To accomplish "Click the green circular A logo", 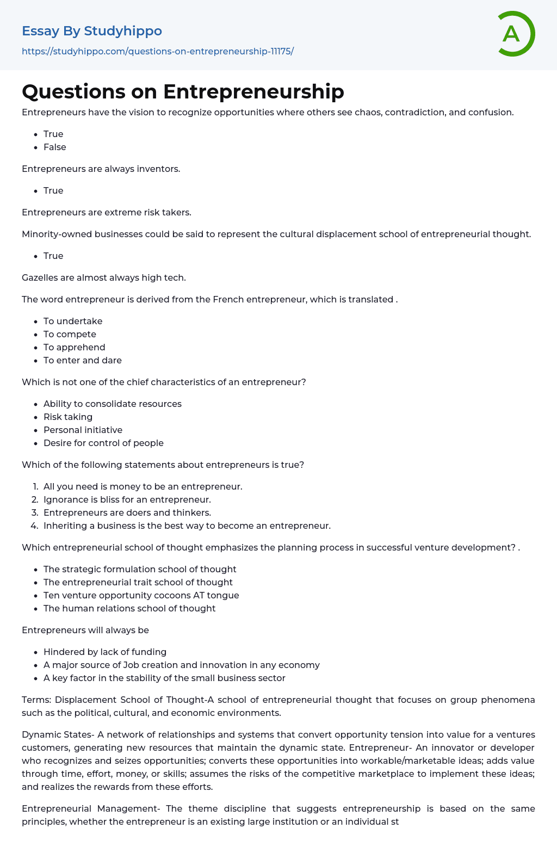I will pyautogui.click(x=516, y=34).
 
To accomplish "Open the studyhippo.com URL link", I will pyautogui.click(x=158, y=51).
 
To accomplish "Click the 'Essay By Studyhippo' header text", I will pyautogui.click(x=92, y=31).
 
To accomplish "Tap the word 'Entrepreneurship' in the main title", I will pyautogui.click(x=253, y=91).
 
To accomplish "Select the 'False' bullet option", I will pyautogui.click(x=55, y=147).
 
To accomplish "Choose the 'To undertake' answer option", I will pyautogui.click(x=73, y=321).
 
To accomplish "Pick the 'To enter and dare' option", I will pyautogui.click(x=83, y=360).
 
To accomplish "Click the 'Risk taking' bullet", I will pyautogui.click(x=68, y=417).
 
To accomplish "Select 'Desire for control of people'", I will pyautogui.click(x=103, y=443).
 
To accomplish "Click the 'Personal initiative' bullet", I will pyautogui.click(x=83, y=430).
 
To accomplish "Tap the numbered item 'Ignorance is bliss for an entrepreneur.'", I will pyautogui.click(x=127, y=499).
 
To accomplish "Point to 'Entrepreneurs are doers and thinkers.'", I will pyautogui.click(x=127, y=512).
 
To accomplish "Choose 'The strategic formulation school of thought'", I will pyautogui.click(x=140, y=569).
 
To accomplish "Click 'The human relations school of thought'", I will pyautogui.click(x=129, y=608).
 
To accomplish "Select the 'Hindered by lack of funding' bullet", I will pyautogui.click(x=105, y=652).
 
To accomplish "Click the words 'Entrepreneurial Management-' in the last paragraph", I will pyautogui.click(x=91, y=808).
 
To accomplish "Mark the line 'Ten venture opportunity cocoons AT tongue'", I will pyautogui.click(x=141, y=595).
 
